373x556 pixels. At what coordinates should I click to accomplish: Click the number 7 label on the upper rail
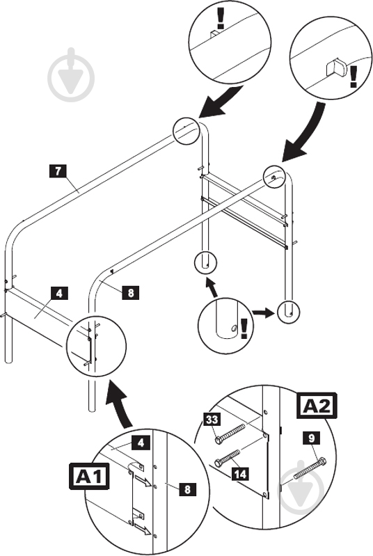pyautogui.click(x=58, y=168)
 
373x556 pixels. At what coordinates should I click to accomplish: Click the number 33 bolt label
pyautogui.click(x=211, y=420)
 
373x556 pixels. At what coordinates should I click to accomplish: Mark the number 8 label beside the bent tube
pyautogui.click(x=129, y=292)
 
